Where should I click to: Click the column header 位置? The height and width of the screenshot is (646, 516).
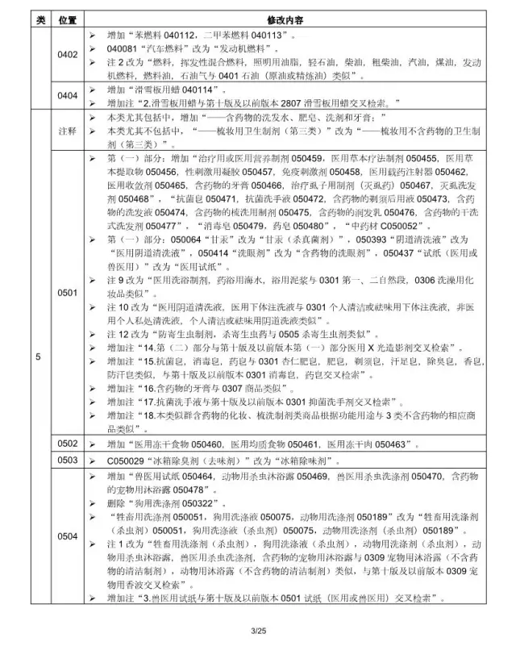68,18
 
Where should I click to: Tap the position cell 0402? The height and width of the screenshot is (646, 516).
68,54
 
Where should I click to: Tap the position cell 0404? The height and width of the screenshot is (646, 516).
68,96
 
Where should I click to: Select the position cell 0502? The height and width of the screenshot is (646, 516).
68,444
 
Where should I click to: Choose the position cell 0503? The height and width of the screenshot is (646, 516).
68,460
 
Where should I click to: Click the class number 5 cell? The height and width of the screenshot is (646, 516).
36,355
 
